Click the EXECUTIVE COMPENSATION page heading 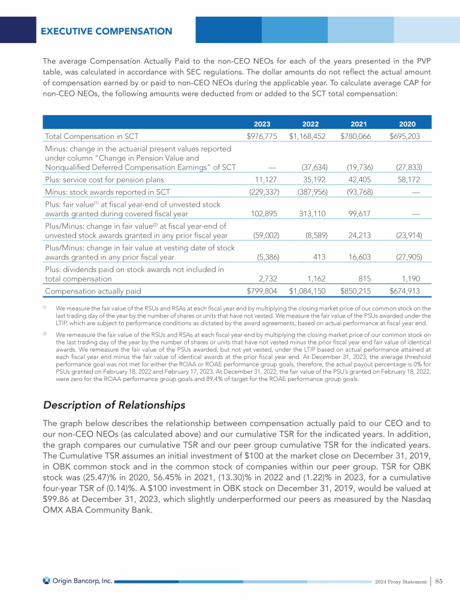point(106,31)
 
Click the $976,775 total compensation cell point(262,137)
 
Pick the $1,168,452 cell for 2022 point(307,137)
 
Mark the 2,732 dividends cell point(268,279)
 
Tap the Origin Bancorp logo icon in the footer point(46,580)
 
